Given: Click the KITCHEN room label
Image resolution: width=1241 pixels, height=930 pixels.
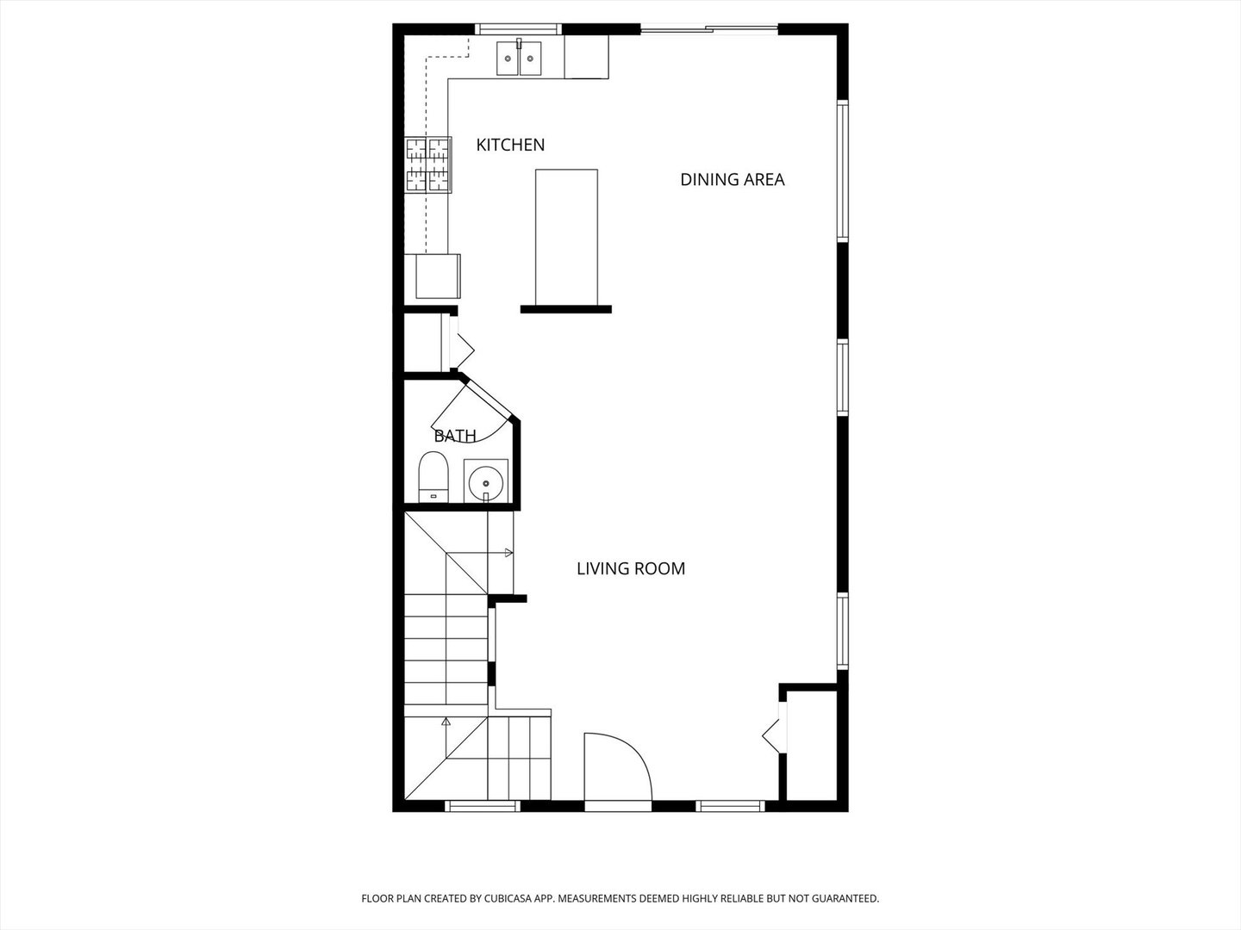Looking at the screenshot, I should pyautogui.click(x=510, y=145).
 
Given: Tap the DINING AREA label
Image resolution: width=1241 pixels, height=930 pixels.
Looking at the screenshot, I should pyautogui.click(x=732, y=179).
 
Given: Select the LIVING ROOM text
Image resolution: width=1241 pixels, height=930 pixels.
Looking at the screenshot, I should pyautogui.click(x=630, y=568).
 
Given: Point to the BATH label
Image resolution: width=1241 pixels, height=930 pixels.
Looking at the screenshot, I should pyautogui.click(x=454, y=436).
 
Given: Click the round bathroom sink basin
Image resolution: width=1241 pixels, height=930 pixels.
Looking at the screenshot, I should pyautogui.click(x=486, y=481).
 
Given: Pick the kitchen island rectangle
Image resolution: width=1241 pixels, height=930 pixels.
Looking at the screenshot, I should pyautogui.click(x=566, y=237).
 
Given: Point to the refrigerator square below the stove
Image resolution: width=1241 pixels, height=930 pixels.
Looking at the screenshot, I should pyautogui.click(x=437, y=276).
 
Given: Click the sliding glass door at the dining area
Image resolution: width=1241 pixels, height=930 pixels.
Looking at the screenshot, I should pyautogui.click(x=708, y=30).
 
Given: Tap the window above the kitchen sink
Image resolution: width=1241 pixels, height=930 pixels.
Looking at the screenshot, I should pyautogui.click(x=520, y=29).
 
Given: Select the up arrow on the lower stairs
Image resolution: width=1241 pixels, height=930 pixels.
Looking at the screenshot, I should pyautogui.click(x=446, y=722).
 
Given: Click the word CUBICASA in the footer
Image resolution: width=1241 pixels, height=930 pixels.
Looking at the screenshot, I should pyautogui.click(x=505, y=898).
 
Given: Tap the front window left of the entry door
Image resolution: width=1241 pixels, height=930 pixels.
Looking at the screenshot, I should pyautogui.click(x=482, y=806).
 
